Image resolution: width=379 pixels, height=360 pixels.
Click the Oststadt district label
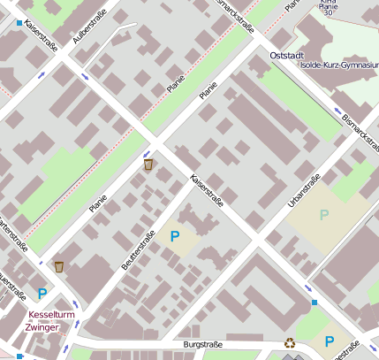point(286,55)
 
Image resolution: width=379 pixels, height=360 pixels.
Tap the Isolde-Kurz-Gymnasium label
point(338,65)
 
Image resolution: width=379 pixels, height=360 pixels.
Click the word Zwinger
point(43,327)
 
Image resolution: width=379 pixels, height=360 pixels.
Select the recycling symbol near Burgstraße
point(290,343)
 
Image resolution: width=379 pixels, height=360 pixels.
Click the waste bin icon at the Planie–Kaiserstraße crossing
point(148,165)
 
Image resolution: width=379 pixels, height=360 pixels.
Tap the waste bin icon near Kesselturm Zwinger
point(59,266)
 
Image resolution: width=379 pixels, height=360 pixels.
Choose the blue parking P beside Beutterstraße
point(174,236)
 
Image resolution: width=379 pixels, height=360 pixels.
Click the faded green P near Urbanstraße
point(323,214)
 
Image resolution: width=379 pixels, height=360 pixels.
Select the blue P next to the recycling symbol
point(330,341)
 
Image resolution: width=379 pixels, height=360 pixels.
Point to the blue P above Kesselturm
point(42,294)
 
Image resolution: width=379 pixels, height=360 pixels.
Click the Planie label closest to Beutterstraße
point(97,203)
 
